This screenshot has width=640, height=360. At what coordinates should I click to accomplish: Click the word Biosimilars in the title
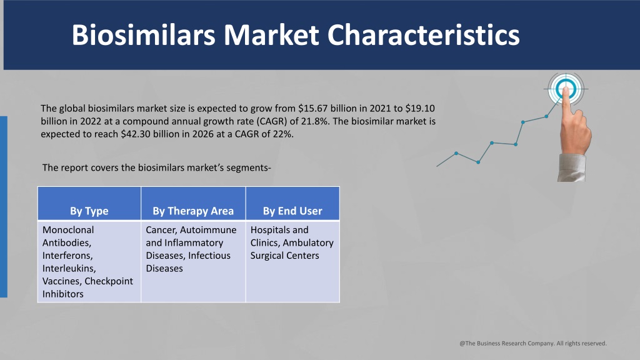click(143, 35)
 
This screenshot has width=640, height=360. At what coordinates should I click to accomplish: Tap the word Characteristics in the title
click(424, 35)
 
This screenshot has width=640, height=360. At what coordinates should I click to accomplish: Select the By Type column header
click(89, 211)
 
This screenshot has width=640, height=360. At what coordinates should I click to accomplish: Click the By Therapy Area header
click(193, 211)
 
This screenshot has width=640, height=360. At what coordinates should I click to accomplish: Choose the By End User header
click(292, 211)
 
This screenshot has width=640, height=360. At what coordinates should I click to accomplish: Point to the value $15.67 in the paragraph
click(312, 109)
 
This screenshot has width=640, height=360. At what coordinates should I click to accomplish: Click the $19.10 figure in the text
click(420, 109)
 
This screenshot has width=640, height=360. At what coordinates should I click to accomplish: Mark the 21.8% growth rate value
click(313, 121)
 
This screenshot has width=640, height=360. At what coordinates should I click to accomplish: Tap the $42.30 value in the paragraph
click(136, 134)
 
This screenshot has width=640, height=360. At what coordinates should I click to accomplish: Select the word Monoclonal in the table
click(68, 230)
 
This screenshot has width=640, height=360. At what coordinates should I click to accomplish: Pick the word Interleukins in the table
click(69, 269)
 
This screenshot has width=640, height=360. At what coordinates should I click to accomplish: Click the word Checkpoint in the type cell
click(109, 281)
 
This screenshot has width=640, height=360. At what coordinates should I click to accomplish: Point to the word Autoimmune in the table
click(208, 230)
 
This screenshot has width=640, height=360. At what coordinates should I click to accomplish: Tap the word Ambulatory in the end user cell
click(308, 243)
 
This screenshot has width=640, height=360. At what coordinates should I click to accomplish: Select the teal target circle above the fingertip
click(566, 89)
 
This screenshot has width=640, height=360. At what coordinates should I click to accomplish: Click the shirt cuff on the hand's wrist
click(571, 167)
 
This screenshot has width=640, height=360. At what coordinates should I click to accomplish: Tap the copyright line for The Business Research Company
click(533, 343)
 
